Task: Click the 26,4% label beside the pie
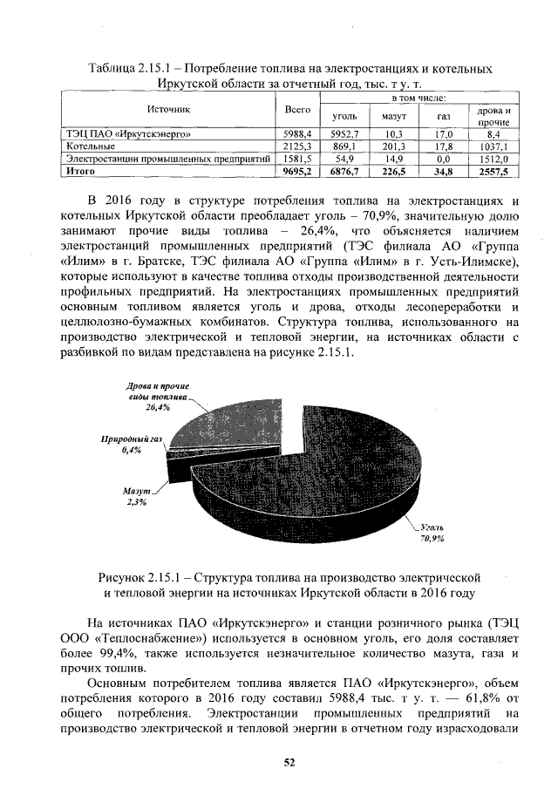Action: pos(158,407)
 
